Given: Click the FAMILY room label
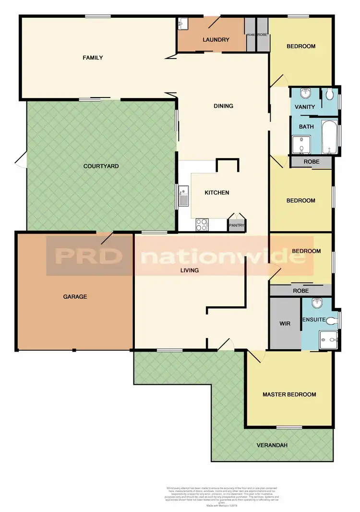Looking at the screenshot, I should tap(93, 58).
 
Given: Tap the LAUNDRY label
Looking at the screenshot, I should tap(216, 40).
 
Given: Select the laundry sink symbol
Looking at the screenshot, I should tap(183, 24).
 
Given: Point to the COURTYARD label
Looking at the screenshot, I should tap(101, 166).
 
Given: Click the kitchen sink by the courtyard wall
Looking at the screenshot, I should tap(183, 197).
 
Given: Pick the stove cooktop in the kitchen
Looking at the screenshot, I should tap(202, 224).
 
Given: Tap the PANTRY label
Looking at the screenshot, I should tap(237, 225).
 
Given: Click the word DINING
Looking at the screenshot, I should tap(223, 106).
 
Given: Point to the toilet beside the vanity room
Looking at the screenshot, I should tap(329, 94).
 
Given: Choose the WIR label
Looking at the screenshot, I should tap(285, 324).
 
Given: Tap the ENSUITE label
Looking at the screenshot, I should tap(314, 320).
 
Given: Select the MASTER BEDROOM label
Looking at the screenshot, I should tap(289, 395).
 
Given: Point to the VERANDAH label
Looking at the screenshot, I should tap(272, 445).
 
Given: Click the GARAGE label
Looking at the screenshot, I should tap(75, 296).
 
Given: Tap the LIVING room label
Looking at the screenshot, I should tap(189, 270).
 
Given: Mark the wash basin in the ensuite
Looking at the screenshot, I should tap(317, 303).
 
